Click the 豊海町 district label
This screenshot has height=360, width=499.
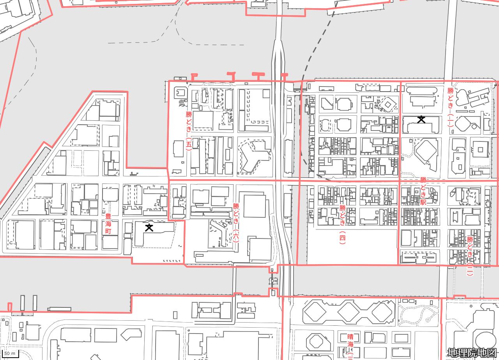(108, 224)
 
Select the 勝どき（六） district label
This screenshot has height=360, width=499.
(236, 222)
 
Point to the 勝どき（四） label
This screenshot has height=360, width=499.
(342, 224)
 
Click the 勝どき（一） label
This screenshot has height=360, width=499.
(450, 107)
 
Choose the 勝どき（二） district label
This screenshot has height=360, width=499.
(470, 256)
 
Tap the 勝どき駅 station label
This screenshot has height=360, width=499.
(423, 191)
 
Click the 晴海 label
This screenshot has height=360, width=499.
(350, 340)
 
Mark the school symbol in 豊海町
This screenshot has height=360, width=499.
(149, 228)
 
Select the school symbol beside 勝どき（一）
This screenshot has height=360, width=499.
(421, 120)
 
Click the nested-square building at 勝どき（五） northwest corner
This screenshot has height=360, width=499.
(180, 93)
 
